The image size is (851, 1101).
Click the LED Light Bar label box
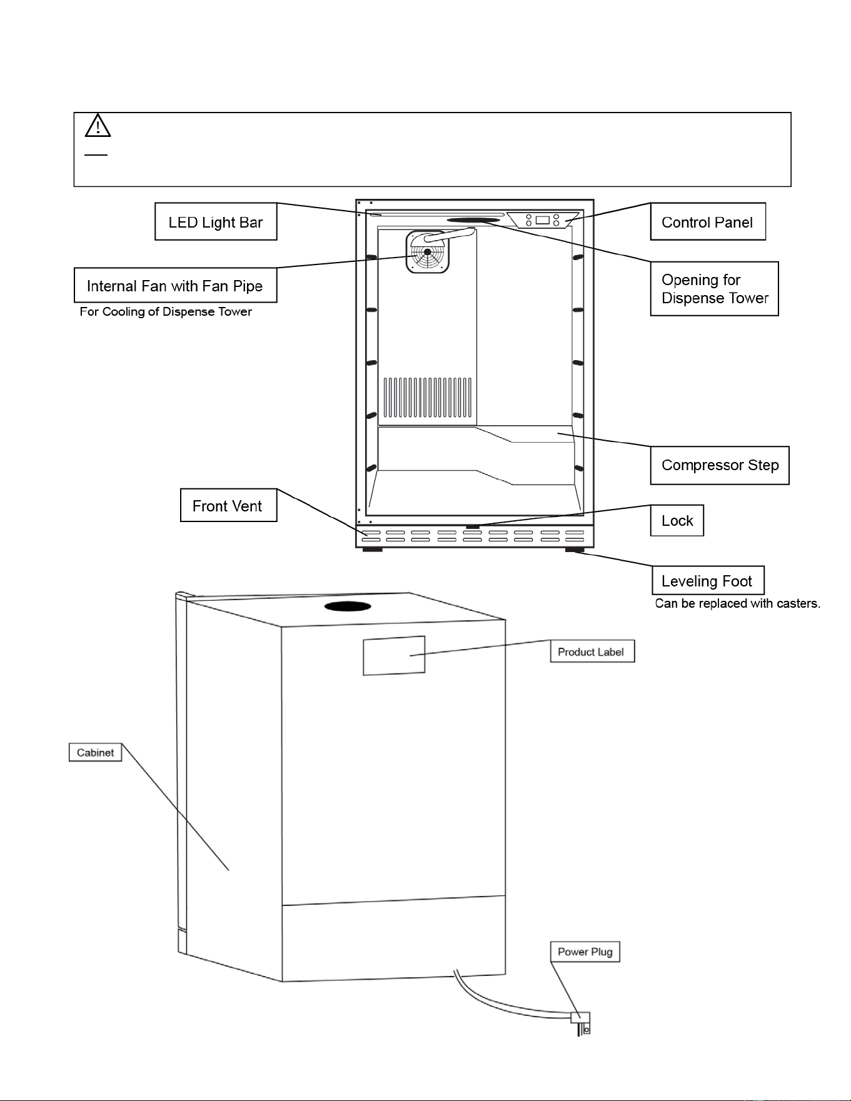coord(216,221)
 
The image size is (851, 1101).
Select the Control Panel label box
coord(708,221)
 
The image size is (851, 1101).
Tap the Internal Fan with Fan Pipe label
coord(175,285)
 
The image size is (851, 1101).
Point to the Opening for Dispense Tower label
coord(714,289)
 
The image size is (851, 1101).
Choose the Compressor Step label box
coord(720,465)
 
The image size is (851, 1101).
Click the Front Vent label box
coord(228,505)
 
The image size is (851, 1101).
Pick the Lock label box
coord(677,520)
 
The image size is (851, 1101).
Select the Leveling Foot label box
coord(708,580)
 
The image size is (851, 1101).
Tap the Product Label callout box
coord(592,651)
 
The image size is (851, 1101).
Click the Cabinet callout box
coord(95,752)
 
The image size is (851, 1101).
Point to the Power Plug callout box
coord(585,952)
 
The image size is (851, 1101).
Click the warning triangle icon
coord(98,125)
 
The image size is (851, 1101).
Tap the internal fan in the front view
coord(428,252)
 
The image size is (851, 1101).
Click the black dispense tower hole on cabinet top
coord(348,606)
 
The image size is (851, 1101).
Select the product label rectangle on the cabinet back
coord(394,655)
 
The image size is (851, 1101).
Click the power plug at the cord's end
coord(582,1023)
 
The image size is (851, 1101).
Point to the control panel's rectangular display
coord(542,220)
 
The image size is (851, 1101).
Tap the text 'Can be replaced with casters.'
coord(738,603)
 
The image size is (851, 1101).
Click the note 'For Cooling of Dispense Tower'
coord(166,311)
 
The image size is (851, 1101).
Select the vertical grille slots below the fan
coord(427,397)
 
